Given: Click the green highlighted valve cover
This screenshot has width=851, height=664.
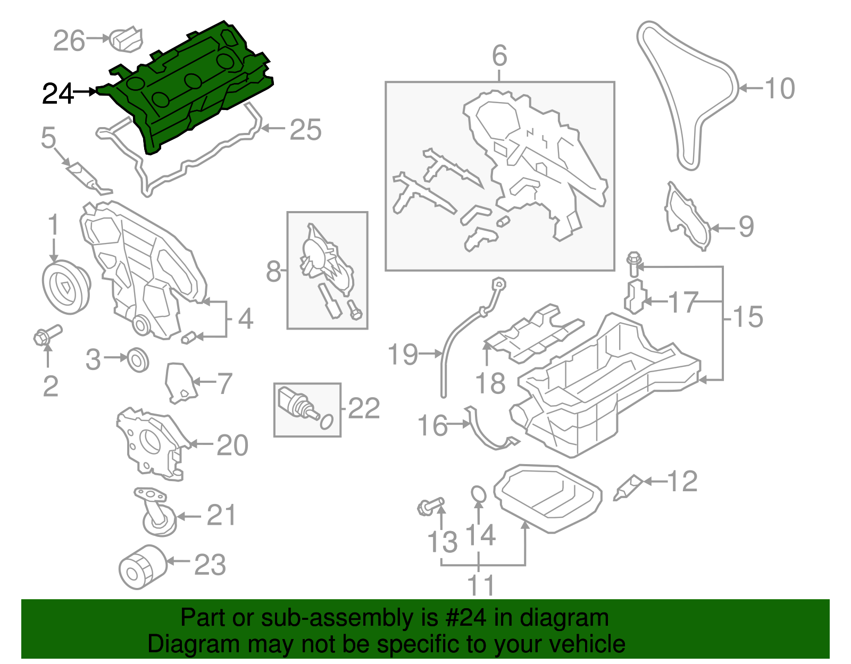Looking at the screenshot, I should [186, 90].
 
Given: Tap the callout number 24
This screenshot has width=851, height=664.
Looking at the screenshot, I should [57, 94].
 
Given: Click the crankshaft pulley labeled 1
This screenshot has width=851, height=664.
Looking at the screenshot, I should [65, 287].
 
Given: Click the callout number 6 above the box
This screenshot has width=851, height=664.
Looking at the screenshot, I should [499, 56].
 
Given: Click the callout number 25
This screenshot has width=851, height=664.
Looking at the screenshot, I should [305, 130].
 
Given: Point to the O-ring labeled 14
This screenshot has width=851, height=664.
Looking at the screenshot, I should [479, 494].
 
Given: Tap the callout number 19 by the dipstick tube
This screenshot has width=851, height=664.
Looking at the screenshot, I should [403, 354].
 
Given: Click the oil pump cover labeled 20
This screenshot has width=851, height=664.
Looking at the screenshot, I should [152, 441].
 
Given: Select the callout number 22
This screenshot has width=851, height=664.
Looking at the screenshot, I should [364, 408].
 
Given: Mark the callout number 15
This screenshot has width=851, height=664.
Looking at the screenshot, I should [748, 317].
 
